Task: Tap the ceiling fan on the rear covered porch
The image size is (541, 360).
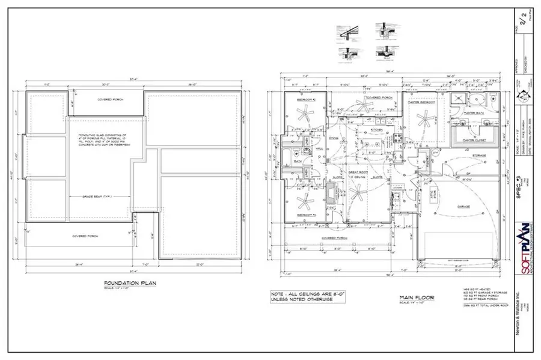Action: tap(361, 103)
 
